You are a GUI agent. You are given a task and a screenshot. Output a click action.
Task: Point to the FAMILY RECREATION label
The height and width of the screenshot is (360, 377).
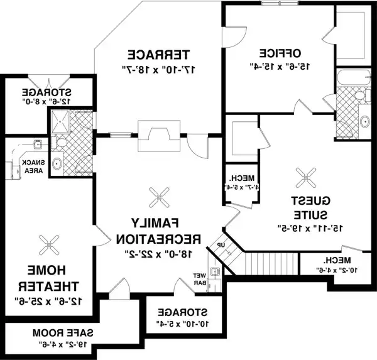pos(157,231)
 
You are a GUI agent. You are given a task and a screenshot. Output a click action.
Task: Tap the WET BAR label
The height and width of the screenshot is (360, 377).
pos(200,278)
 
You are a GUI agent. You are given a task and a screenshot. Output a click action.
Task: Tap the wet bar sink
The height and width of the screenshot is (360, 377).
pos(215,272)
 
